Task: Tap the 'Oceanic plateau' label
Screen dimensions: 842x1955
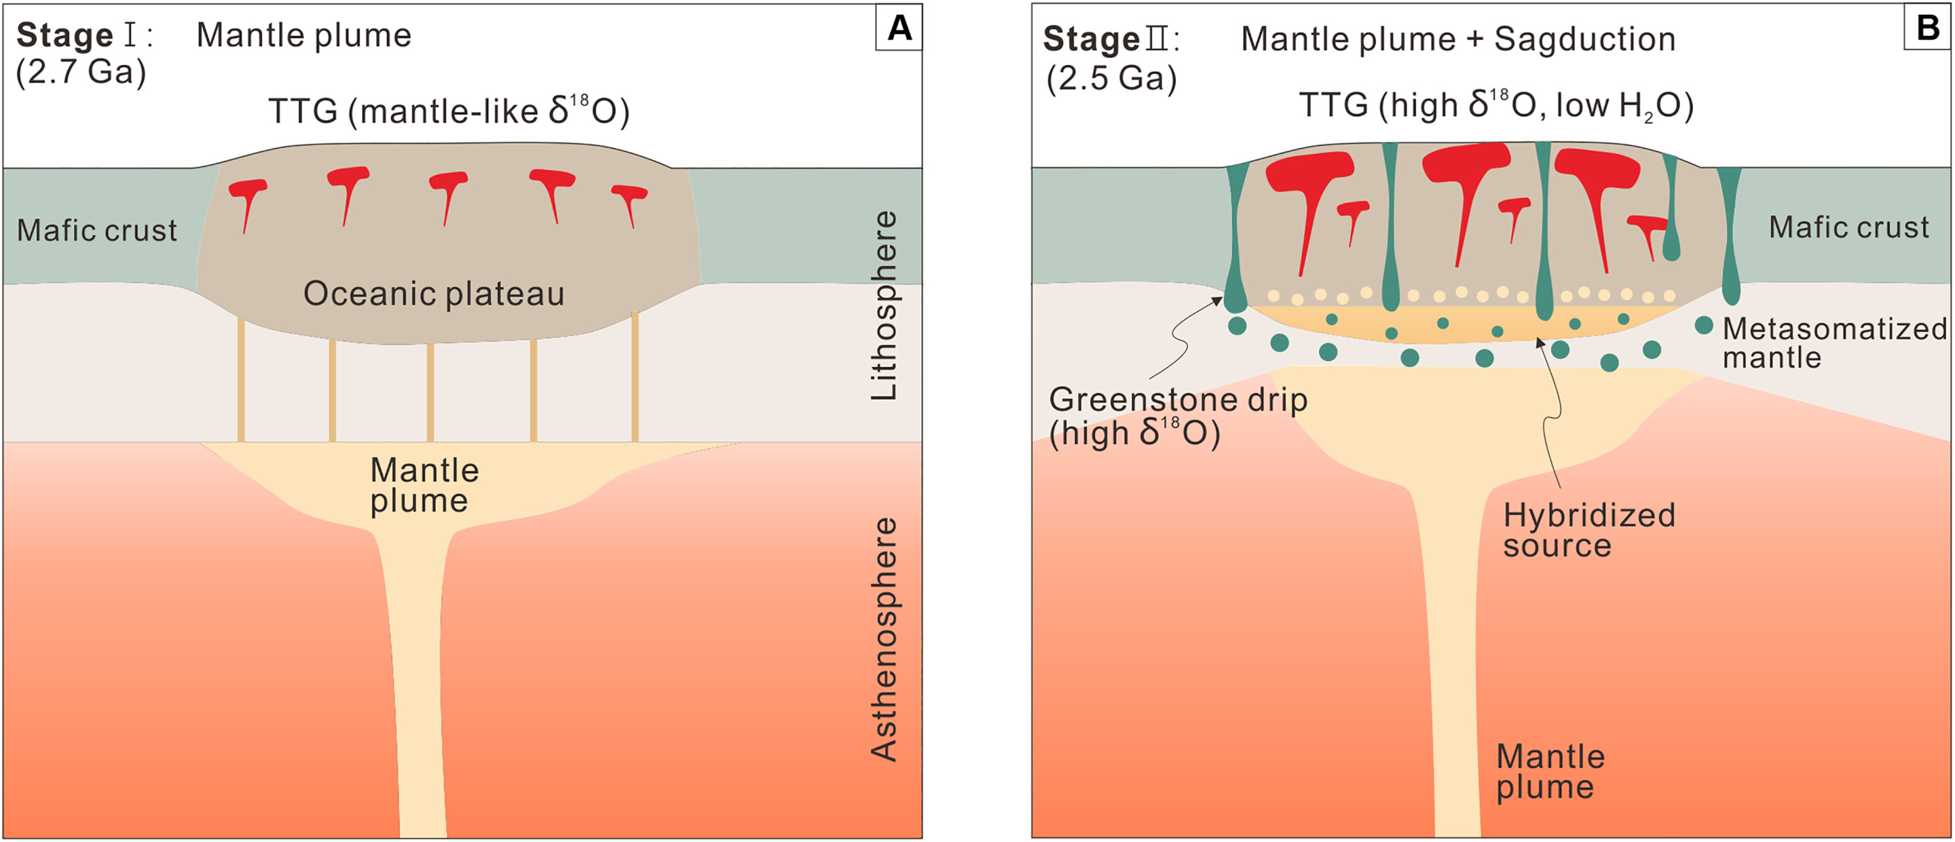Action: point(434,294)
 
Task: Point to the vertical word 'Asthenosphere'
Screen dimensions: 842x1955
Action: point(883,638)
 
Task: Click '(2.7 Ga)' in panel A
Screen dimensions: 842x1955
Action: point(81,73)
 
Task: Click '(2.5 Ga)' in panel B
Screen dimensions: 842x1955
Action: point(1112,78)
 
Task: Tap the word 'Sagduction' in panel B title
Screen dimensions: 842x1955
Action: point(1584,39)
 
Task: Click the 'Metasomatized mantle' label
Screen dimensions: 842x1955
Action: point(1834,342)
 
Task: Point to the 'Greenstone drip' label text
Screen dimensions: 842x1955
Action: point(1178,400)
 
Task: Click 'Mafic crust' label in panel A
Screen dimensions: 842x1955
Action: point(97,231)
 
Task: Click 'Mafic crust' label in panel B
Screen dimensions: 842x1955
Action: point(1848,227)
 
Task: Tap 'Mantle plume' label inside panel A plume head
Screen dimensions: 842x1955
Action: point(424,486)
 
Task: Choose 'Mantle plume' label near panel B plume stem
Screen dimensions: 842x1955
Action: point(1550,771)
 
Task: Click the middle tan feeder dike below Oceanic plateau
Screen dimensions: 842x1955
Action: point(430,391)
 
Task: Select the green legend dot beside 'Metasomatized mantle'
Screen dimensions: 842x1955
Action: point(1704,326)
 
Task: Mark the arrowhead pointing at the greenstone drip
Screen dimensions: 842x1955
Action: point(1217,301)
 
